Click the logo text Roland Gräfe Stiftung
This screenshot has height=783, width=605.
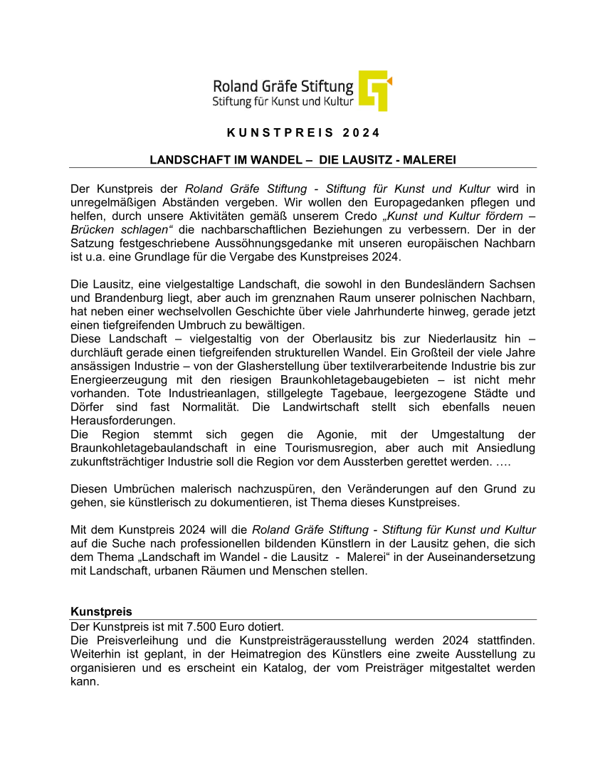[283, 87]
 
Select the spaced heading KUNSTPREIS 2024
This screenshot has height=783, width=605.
[304, 133]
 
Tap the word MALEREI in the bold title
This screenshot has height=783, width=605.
[429, 160]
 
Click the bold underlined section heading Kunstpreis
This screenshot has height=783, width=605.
[101, 612]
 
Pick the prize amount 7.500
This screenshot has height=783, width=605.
[201, 627]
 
